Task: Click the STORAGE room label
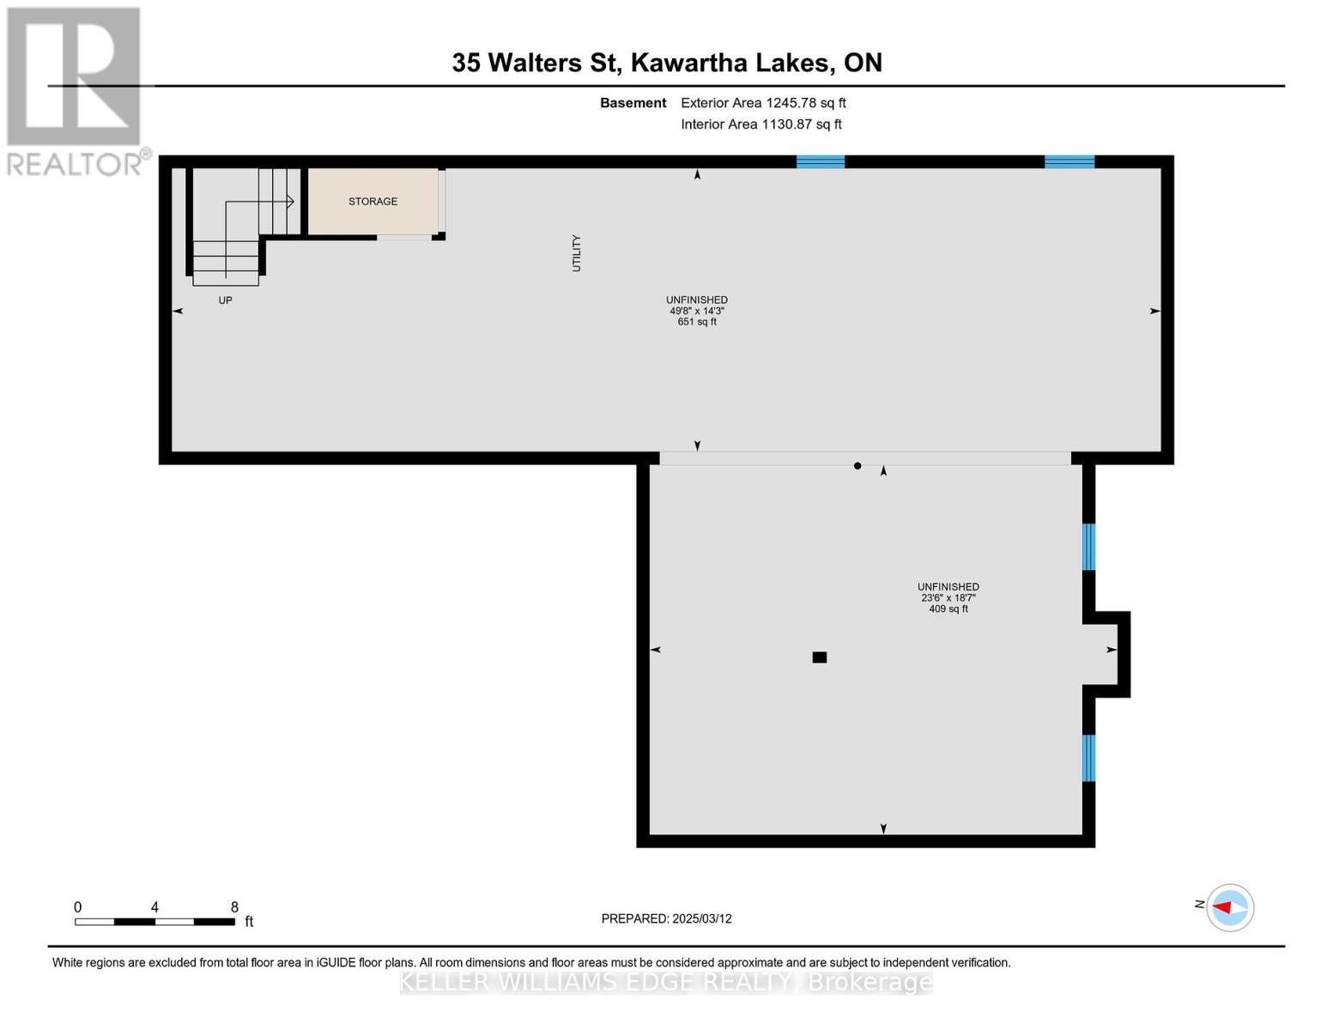point(373,202)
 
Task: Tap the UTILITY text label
point(577,253)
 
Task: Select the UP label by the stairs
point(225,300)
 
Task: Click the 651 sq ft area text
point(697,322)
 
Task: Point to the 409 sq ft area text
point(948,609)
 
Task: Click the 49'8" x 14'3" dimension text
point(697,311)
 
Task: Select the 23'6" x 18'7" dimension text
point(948,598)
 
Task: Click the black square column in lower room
point(820,657)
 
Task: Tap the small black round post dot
point(857,466)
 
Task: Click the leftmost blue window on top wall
point(821,161)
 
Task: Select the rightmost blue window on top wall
point(1069,161)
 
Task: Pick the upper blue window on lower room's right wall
point(1088,547)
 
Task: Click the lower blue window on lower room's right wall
point(1088,758)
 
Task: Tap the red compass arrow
point(1222,907)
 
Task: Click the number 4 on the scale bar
point(155,907)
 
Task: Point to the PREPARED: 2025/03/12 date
point(666,918)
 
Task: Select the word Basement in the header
point(633,103)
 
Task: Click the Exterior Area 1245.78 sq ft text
point(763,103)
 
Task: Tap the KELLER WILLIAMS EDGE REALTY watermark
point(666,982)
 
